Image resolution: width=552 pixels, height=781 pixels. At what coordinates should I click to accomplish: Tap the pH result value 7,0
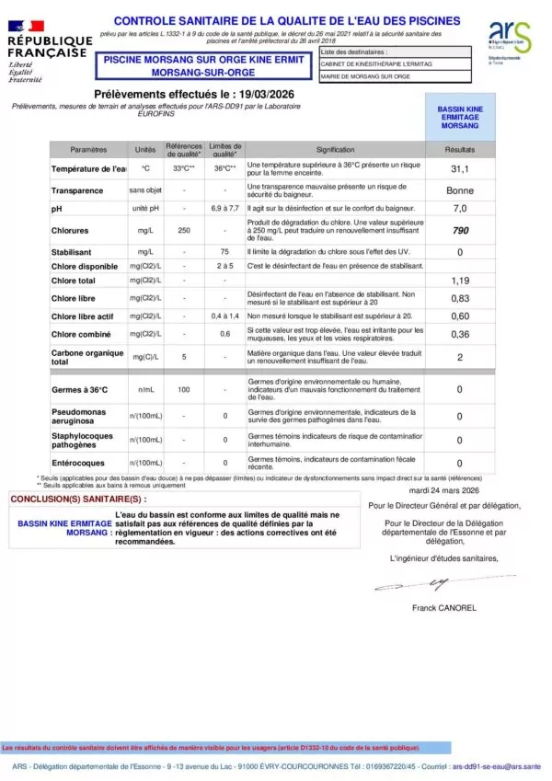[x=460, y=209]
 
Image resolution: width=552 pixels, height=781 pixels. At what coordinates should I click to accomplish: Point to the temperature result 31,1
[x=460, y=169]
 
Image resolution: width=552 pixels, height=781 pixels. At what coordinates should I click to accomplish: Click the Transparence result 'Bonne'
[x=460, y=190]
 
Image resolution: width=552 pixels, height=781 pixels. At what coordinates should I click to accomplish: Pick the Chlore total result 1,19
[x=460, y=280]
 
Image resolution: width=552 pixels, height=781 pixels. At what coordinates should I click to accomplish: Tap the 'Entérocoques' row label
[x=77, y=463]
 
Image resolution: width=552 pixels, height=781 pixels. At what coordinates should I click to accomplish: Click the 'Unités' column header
[x=145, y=149]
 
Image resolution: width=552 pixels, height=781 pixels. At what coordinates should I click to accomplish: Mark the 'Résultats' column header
[x=460, y=149]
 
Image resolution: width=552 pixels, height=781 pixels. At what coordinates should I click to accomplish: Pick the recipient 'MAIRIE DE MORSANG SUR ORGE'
[x=366, y=76]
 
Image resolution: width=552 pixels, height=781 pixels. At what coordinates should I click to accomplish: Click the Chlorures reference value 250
[x=184, y=231]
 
